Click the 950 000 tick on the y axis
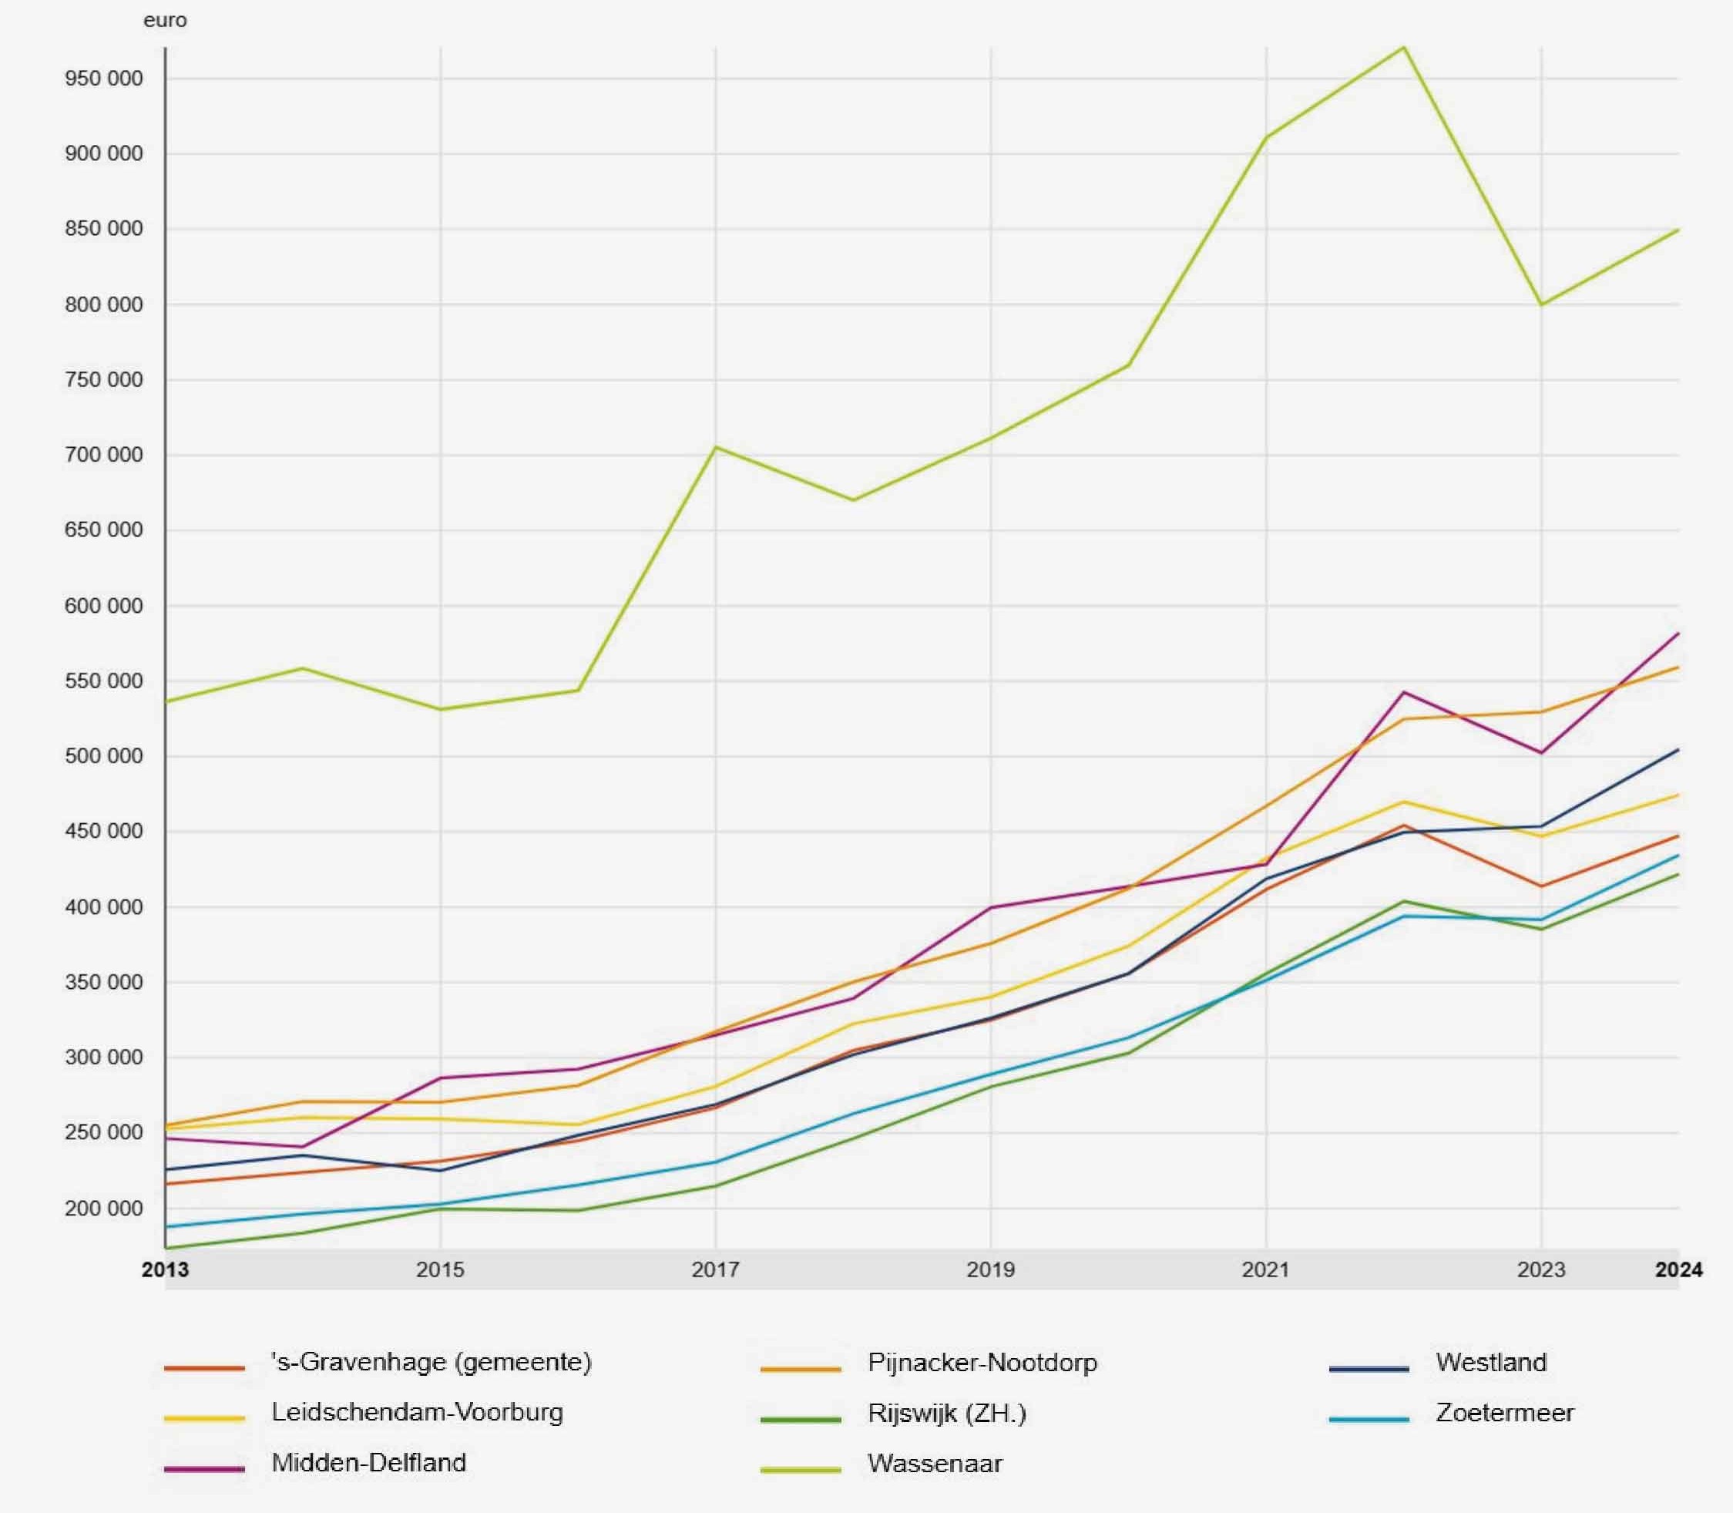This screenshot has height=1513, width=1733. pos(104,79)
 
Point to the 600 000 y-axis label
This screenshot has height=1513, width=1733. pos(104,607)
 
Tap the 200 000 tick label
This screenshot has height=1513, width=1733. pos(104,1209)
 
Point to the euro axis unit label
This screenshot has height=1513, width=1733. pos(166,20)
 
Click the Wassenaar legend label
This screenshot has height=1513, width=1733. pos(935,1463)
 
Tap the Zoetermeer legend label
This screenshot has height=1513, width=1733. pos(1505,1413)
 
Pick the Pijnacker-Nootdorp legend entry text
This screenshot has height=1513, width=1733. pos(982,1363)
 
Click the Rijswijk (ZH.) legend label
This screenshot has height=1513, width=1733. pos(947,1414)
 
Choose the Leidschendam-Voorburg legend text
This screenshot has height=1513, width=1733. pos(417,1413)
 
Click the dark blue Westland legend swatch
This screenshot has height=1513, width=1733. pos(1369,1368)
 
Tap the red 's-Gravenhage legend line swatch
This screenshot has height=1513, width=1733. pos(204,1368)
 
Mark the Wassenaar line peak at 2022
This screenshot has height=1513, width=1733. pos(1403,47)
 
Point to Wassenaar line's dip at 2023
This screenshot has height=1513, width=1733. pos(1541,304)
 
